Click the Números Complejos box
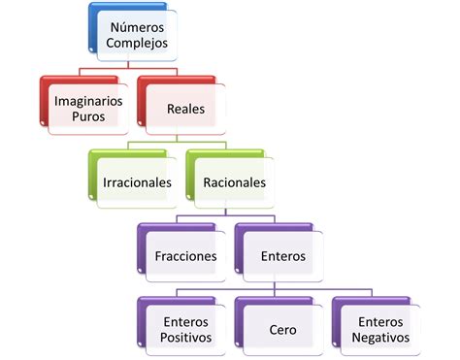click(x=136, y=36)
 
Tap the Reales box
click(x=185, y=109)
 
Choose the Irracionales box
click(x=137, y=182)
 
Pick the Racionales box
click(x=234, y=182)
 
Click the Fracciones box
click(x=185, y=256)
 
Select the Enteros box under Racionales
click(x=282, y=256)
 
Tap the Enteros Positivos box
click(x=185, y=329)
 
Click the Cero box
click(x=282, y=330)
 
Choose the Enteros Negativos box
click(x=379, y=329)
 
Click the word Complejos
click(x=137, y=44)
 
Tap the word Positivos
click(x=185, y=338)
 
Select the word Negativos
click(x=379, y=338)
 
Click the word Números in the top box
click(x=137, y=27)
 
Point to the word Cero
click(x=282, y=330)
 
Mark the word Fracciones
click(x=185, y=257)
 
